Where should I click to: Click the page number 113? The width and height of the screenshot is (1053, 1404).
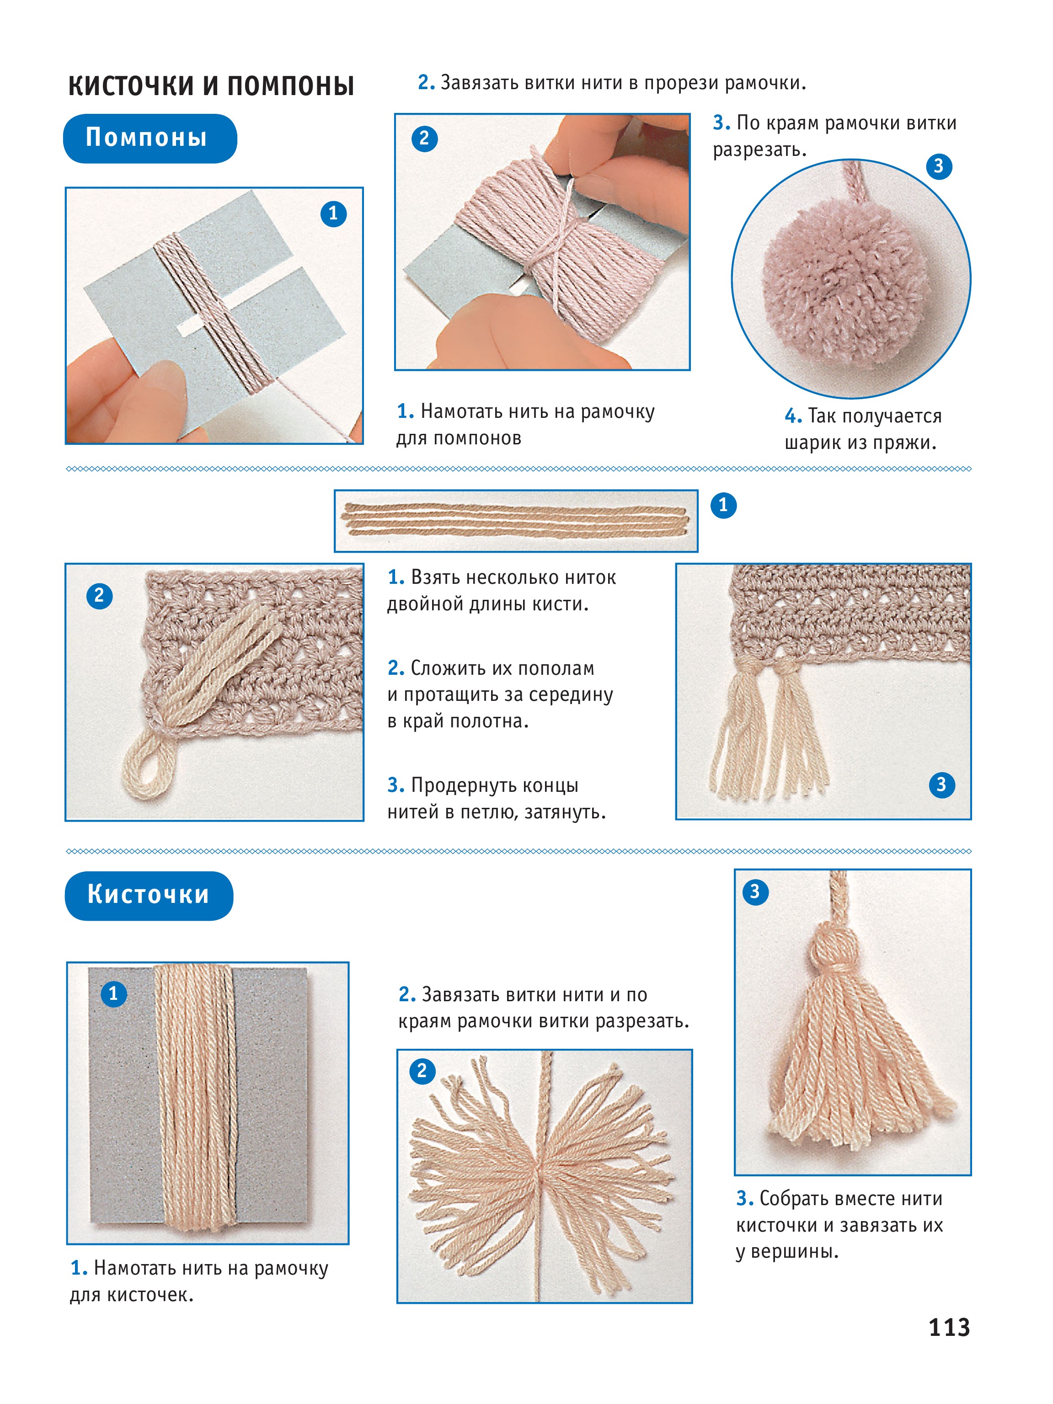949,1327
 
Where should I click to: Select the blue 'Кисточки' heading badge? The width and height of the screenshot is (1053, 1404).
149,896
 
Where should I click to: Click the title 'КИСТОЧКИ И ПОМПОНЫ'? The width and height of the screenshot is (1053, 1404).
211,85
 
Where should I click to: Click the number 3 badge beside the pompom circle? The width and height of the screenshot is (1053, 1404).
938,166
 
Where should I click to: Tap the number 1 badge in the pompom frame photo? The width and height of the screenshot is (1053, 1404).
333,214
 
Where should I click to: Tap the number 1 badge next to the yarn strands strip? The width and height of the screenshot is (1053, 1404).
723,506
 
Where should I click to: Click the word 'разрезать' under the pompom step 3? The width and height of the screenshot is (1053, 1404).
759,150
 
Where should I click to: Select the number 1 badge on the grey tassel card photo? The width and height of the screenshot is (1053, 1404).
113,993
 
